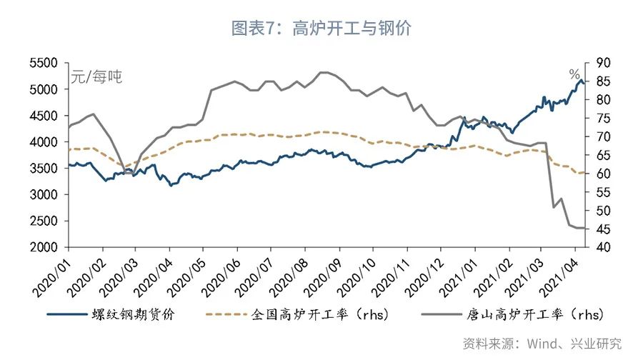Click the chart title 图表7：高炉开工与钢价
click(321, 29)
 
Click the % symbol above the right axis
click(574, 74)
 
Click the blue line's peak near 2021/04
click(580, 81)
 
